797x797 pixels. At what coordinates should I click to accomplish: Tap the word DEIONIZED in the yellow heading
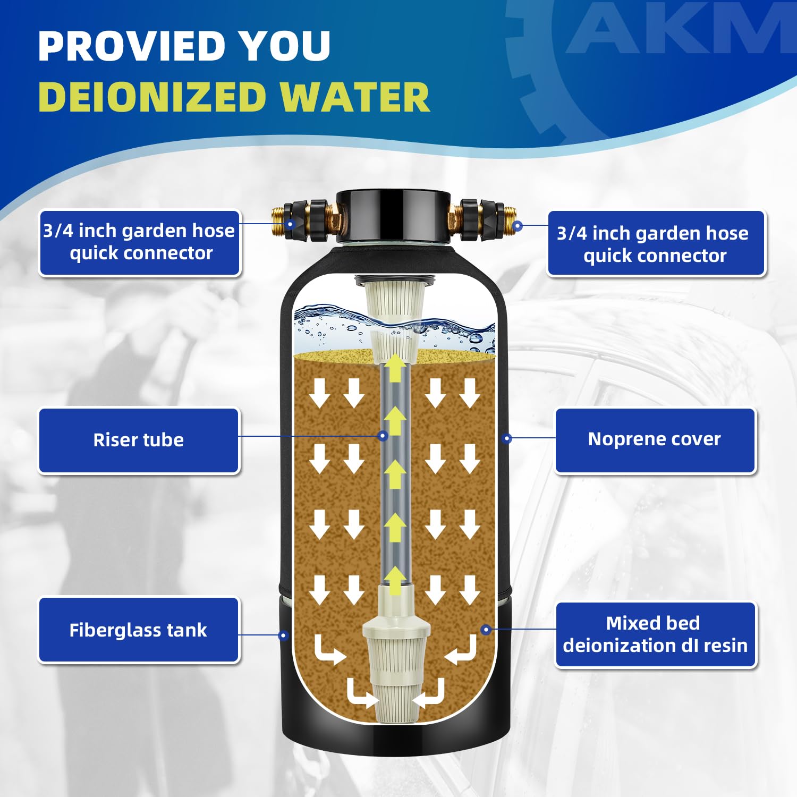[x=152, y=98]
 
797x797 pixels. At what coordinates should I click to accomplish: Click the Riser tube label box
[x=139, y=440]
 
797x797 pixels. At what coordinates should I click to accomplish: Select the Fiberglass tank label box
[x=139, y=630]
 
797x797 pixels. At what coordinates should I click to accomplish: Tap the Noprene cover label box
[x=655, y=439]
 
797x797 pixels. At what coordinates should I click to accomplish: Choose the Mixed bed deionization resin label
[x=655, y=634]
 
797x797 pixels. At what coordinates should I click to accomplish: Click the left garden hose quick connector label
[x=140, y=242]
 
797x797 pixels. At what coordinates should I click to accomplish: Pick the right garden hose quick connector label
[x=655, y=244]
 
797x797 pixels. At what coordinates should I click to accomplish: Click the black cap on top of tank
[x=393, y=215]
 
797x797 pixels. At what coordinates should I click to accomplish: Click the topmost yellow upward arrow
[x=395, y=369]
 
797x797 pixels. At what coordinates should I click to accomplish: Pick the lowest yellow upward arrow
[x=395, y=581]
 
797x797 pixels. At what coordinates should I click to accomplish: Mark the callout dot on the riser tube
[x=383, y=436]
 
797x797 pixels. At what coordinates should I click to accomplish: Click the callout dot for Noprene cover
[x=507, y=438]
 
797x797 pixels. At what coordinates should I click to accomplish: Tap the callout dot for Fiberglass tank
[x=283, y=635]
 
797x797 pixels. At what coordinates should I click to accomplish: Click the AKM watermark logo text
[x=680, y=29]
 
